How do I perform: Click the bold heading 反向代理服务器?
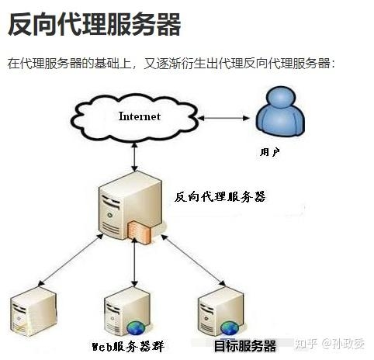[94, 24]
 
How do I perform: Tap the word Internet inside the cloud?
[139, 116]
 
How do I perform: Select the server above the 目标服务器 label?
[218, 310]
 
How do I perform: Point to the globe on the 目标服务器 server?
[229, 327]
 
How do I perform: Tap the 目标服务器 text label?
[244, 345]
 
